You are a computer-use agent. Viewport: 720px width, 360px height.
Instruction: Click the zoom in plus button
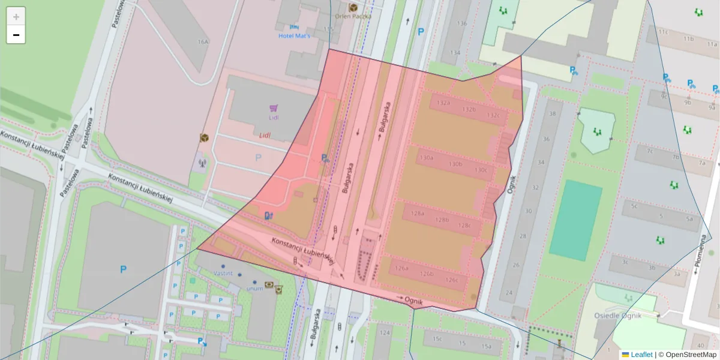(16, 17)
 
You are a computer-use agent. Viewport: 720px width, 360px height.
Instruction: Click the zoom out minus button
(16, 35)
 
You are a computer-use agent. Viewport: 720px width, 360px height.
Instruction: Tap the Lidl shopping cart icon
(274, 109)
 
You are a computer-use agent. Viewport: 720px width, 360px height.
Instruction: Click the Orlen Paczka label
(353, 16)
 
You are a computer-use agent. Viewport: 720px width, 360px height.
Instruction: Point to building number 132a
(443, 103)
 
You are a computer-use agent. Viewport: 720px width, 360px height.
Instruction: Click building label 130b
(455, 164)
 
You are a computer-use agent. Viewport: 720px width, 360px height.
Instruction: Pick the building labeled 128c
(464, 226)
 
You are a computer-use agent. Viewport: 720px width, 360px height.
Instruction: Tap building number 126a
(401, 269)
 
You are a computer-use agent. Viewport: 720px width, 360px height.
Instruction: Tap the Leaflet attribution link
(641, 355)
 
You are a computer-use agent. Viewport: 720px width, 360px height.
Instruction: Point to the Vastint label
(223, 273)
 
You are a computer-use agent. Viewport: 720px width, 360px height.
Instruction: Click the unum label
(254, 288)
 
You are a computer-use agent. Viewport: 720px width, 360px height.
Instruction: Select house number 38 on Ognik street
(552, 114)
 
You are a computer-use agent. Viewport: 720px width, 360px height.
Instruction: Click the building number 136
(461, 24)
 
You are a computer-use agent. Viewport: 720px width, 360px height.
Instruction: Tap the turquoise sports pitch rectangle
(575, 220)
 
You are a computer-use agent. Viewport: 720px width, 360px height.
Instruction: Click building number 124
(385, 332)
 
